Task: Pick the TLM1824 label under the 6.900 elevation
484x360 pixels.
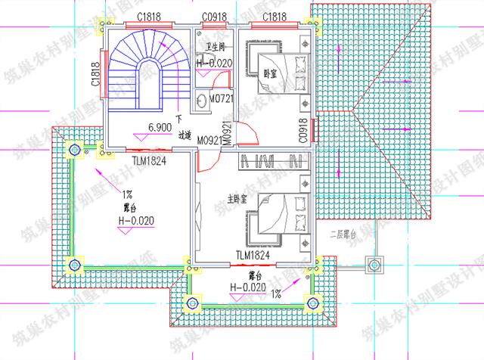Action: [149, 160]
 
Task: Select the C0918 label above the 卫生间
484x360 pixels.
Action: [215, 17]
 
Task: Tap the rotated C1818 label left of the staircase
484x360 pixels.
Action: [96, 75]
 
